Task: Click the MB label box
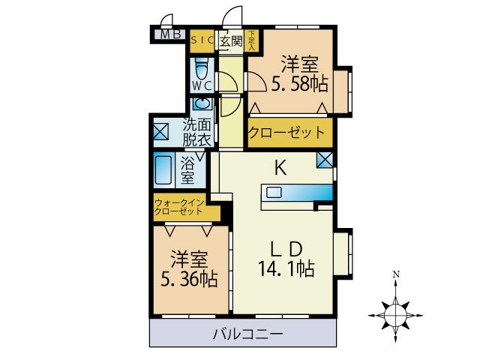coord(169,34)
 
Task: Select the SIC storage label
coord(202,40)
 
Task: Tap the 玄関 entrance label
coord(230,40)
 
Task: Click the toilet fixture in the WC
coord(200,69)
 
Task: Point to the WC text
coord(200,85)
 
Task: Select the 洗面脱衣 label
coord(198,133)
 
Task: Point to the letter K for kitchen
coord(280,169)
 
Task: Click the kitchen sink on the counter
coord(274,192)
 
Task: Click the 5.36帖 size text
coord(188,280)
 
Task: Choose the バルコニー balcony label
coord(247,334)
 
